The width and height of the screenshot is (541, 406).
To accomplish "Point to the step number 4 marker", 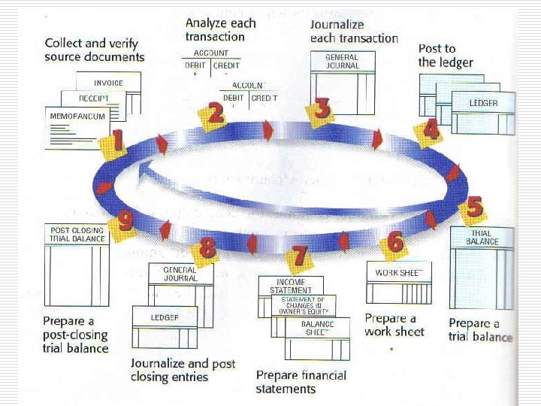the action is tap(431, 130).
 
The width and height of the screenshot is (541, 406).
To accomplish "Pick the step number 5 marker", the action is tap(473, 206).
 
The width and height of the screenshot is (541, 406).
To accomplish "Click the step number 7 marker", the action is tap(300, 256).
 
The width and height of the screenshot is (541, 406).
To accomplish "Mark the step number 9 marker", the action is tap(124, 221).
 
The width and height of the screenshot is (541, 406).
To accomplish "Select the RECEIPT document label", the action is tap(95, 98).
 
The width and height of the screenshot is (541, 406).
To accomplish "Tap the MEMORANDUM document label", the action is tap(77, 117).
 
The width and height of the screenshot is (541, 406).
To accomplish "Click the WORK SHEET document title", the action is tap(398, 272).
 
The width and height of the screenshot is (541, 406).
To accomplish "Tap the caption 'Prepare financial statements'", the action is tap(301, 382).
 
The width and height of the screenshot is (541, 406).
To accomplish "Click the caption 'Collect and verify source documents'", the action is tap(94, 50).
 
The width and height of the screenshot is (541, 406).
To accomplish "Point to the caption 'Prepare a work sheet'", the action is tap(394, 325).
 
